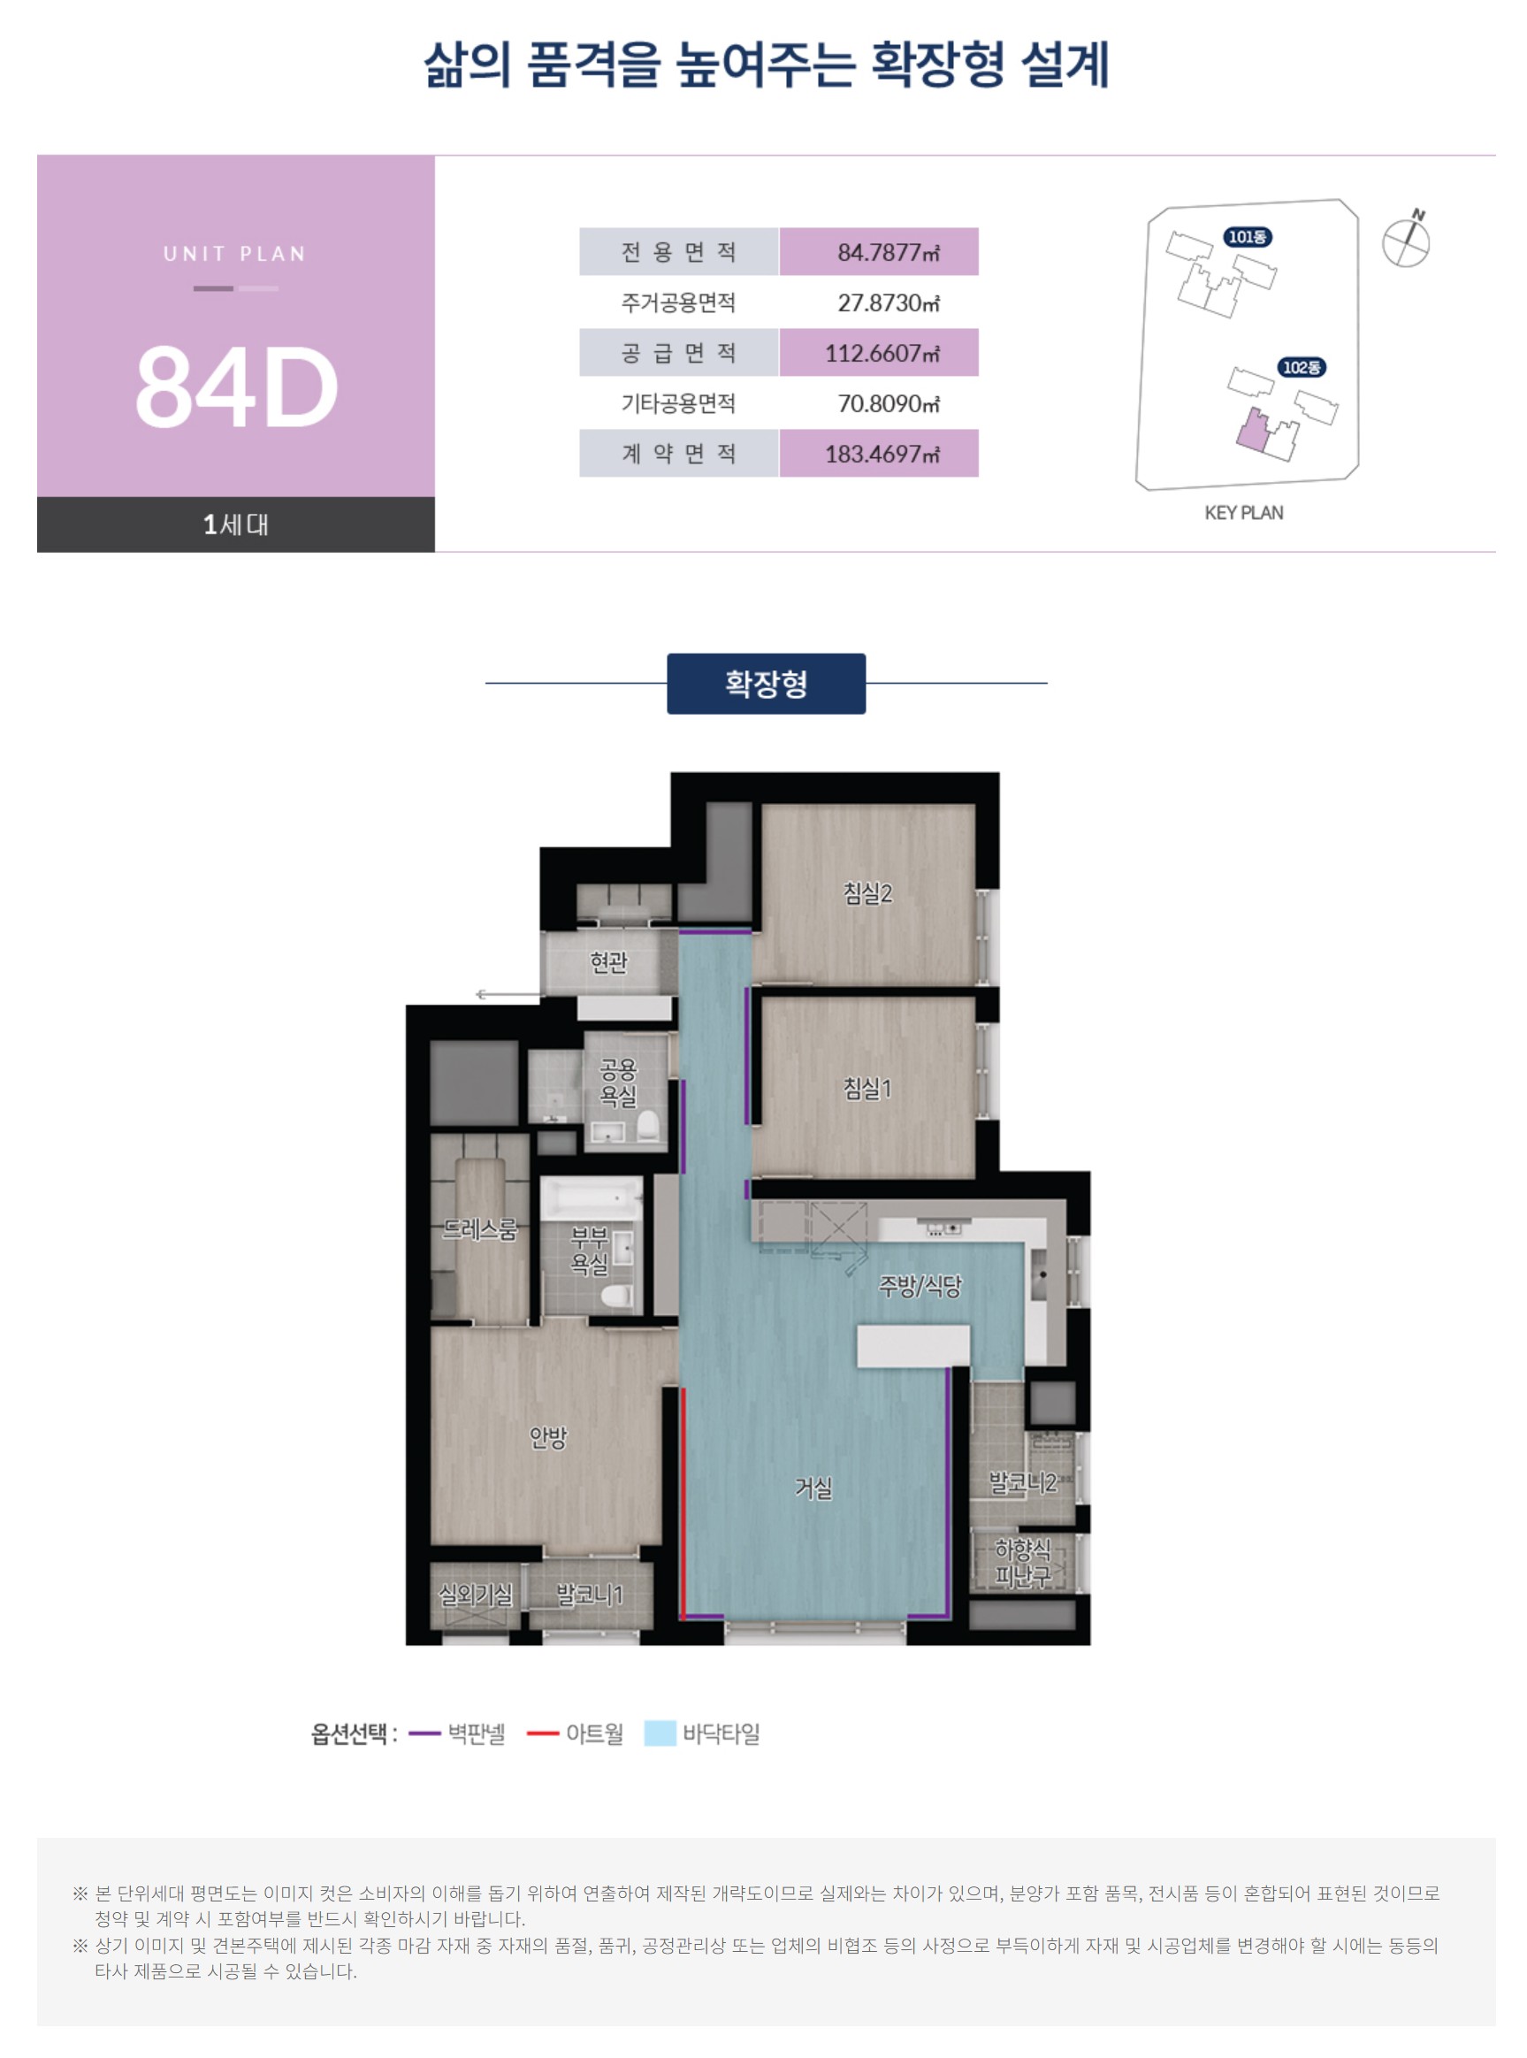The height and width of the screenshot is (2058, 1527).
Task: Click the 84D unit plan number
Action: pos(237,387)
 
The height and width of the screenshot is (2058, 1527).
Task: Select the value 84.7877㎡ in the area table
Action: pos(889,252)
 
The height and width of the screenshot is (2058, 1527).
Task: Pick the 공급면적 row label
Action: pos(678,353)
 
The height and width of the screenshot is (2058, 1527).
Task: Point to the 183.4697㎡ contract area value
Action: pos(882,454)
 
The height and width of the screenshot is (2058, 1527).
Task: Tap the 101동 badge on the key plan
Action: pos(1248,237)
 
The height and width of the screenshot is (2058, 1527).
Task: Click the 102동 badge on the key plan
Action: pos(1302,367)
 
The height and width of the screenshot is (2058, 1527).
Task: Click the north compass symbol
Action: pos(1406,241)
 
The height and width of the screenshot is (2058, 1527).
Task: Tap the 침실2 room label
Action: pos(867,893)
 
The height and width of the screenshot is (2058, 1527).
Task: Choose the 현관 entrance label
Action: pos(608,962)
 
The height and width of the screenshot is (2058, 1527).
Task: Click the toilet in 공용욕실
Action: pos(648,1126)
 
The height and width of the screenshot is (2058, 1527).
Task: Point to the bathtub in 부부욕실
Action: pos(592,1199)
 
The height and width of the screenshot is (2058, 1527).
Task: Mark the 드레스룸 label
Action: pos(480,1228)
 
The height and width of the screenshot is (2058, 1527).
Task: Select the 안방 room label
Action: pos(547,1437)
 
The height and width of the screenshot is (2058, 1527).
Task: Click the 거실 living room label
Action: pos(813,1488)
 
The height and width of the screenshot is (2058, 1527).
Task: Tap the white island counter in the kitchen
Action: pos(913,1345)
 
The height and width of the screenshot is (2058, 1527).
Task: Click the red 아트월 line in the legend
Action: pos(543,1733)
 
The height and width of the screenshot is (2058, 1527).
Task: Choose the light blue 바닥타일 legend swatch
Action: pos(660,1733)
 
